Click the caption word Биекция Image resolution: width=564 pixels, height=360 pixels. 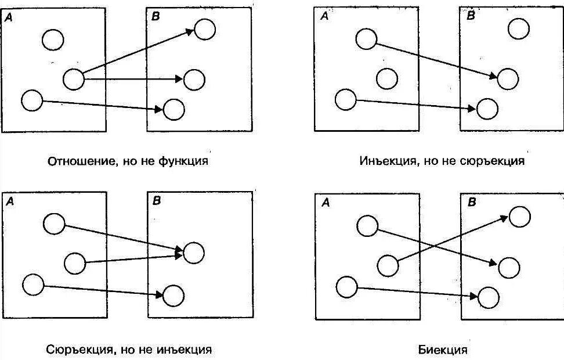pyautogui.click(x=442, y=350)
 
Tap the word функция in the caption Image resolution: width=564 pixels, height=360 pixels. pyautogui.click(x=183, y=161)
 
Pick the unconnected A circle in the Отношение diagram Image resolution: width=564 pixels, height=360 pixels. pyautogui.click(x=53, y=39)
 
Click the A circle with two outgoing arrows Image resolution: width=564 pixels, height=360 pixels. pyautogui.click(x=74, y=79)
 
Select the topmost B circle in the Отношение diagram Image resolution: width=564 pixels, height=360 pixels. pyautogui.click(x=205, y=29)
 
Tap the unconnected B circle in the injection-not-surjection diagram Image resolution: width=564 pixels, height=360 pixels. pyautogui.click(x=519, y=28)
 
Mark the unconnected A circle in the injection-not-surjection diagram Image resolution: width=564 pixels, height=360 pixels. pyautogui.click(x=387, y=78)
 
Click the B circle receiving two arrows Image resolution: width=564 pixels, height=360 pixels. pyautogui.click(x=194, y=253)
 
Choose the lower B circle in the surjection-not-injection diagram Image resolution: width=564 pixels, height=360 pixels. pyautogui.click(x=173, y=296)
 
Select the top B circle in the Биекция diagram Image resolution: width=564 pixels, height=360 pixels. pyautogui.click(x=519, y=217)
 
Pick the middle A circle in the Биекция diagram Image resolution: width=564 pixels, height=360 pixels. pyautogui.click(x=388, y=266)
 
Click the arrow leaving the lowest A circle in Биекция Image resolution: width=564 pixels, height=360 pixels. pyautogui.click(x=418, y=292)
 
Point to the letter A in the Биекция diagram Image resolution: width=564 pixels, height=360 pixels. pyautogui.click(x=325, y=203)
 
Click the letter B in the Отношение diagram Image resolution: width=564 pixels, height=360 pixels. pyautogui.click(x=155, y=17)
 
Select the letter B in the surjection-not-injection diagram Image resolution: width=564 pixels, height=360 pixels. pyautogui.click(x=157, y=201)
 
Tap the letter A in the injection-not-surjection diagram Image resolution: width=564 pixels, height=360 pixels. pyautogui.click(x=324, y=16)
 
